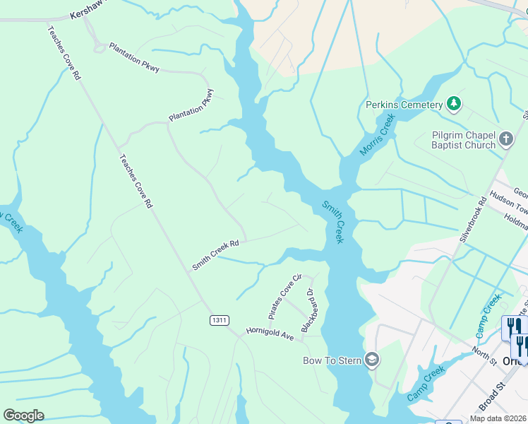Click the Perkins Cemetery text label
(x=404, y=105)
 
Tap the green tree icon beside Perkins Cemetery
(x=454, y=105)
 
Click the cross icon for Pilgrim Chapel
(x=506, y=139)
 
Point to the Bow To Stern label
(x=332, y=360)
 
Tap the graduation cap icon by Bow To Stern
(x=372, y=360)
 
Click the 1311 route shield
(x=220, y=320)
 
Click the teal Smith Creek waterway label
(x=332, y=222)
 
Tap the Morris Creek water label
(x=376, y=137)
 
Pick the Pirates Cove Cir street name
(x=285, y=295)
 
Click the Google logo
(x=23, y=415)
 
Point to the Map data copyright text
(x=498, y=418)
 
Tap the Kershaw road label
(x=82, y=14)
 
